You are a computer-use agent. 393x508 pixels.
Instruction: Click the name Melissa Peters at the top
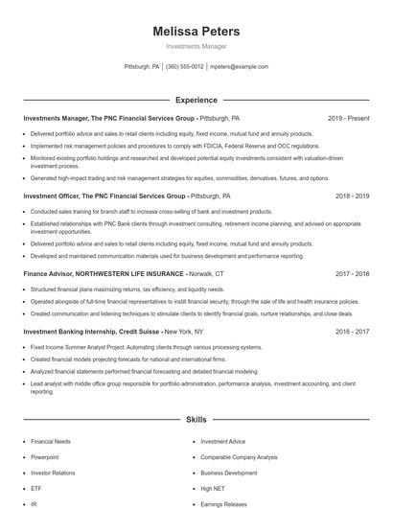[x=196, y=32]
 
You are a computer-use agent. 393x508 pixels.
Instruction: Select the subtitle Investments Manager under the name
[x=196, y=46]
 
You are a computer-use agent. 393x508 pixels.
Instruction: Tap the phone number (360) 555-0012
[x=185, y=67]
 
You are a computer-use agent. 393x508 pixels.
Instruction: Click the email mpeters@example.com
[x=239, y=67]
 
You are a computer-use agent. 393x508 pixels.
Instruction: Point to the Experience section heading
[x=196, y=100]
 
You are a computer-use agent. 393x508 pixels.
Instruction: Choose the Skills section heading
[x=196, y=420]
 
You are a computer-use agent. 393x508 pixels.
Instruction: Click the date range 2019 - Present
[x=348, y=118]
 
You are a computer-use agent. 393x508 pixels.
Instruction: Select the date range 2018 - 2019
[x=352, y=196]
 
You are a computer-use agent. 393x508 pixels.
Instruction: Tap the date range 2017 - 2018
[x=352, y=273]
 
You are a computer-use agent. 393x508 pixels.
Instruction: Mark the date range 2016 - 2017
[x=352, y=331]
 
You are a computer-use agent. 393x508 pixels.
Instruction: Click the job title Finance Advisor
[x=49, y=273]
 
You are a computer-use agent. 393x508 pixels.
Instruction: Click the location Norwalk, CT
[x=207, y=273]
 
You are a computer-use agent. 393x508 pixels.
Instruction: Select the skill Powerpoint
[x=45, y=457]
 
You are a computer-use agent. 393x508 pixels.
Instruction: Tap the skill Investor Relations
[x=53, y=473]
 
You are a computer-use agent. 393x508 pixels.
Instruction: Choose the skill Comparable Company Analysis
[x=239, y=457]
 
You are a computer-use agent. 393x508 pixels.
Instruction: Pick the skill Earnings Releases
[x=223, y=503]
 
